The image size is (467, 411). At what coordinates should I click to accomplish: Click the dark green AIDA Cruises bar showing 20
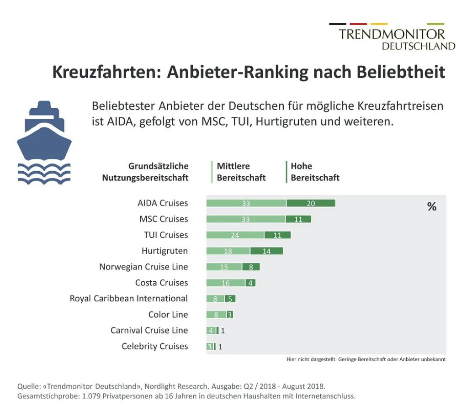click(x=311, y=203)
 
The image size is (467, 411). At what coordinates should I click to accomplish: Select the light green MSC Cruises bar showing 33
click(x=246, y=219)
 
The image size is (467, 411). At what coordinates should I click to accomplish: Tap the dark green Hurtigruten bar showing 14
click(x=266, y=251)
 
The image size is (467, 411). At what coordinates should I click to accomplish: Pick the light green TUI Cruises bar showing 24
click(x=235, y=235)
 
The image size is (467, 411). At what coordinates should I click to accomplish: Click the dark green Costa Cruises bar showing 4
click(x=250, y=283)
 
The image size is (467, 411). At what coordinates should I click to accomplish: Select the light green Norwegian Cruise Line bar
click(x=224, y=267)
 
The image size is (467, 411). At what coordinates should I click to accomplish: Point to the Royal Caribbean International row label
click(x=128, y=299)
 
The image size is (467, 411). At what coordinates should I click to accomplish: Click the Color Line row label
click(x=168, y=315)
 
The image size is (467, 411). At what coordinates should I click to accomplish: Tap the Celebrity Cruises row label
click(x=154, y=346)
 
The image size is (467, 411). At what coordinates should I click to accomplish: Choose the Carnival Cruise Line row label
click(x=149, y=330)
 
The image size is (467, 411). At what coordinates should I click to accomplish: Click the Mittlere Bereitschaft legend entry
click(x=241, y=172)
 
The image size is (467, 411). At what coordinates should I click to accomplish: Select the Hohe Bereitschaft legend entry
click(x=315, y=172)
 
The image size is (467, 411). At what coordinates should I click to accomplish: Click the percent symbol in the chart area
click(x=431, y=207)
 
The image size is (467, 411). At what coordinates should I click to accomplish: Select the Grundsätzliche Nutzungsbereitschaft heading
click(x=145, y=172)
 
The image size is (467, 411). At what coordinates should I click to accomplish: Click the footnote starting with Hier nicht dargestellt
click(x=366, y=359)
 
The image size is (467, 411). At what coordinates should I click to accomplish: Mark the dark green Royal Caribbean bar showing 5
click(x=230, y=299)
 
